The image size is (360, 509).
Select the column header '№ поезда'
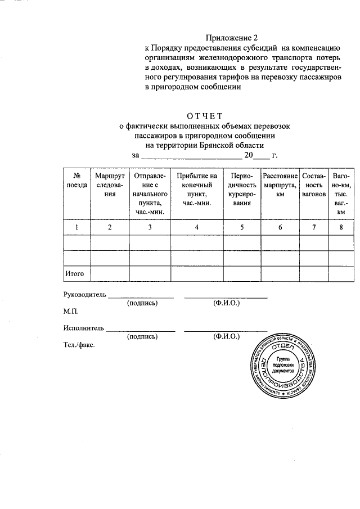pyautogui.click(x=76, y=180)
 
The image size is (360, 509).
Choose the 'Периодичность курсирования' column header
pyautogui.click(x=242, y=189)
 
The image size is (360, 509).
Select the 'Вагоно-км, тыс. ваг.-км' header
pyautogui.click(x=341, y=193)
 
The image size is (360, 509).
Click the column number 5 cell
pyautogui.click(x=242, y=227)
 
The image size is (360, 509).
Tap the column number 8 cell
pyautogui.click(x=341, y=227)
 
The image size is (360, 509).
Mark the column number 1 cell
pyautogui.click(x=76, y=227)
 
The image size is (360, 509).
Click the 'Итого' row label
pyautogui.click(x=75, y=273)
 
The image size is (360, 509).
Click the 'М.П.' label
pyautogui.click(x=71, y=311)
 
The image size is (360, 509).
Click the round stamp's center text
pyautogui.click(x=282, y=364)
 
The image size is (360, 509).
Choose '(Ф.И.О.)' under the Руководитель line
pyautogui.click(x=226, y=303)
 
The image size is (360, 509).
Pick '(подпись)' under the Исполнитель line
pyautogui.click(x=142, y=336)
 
